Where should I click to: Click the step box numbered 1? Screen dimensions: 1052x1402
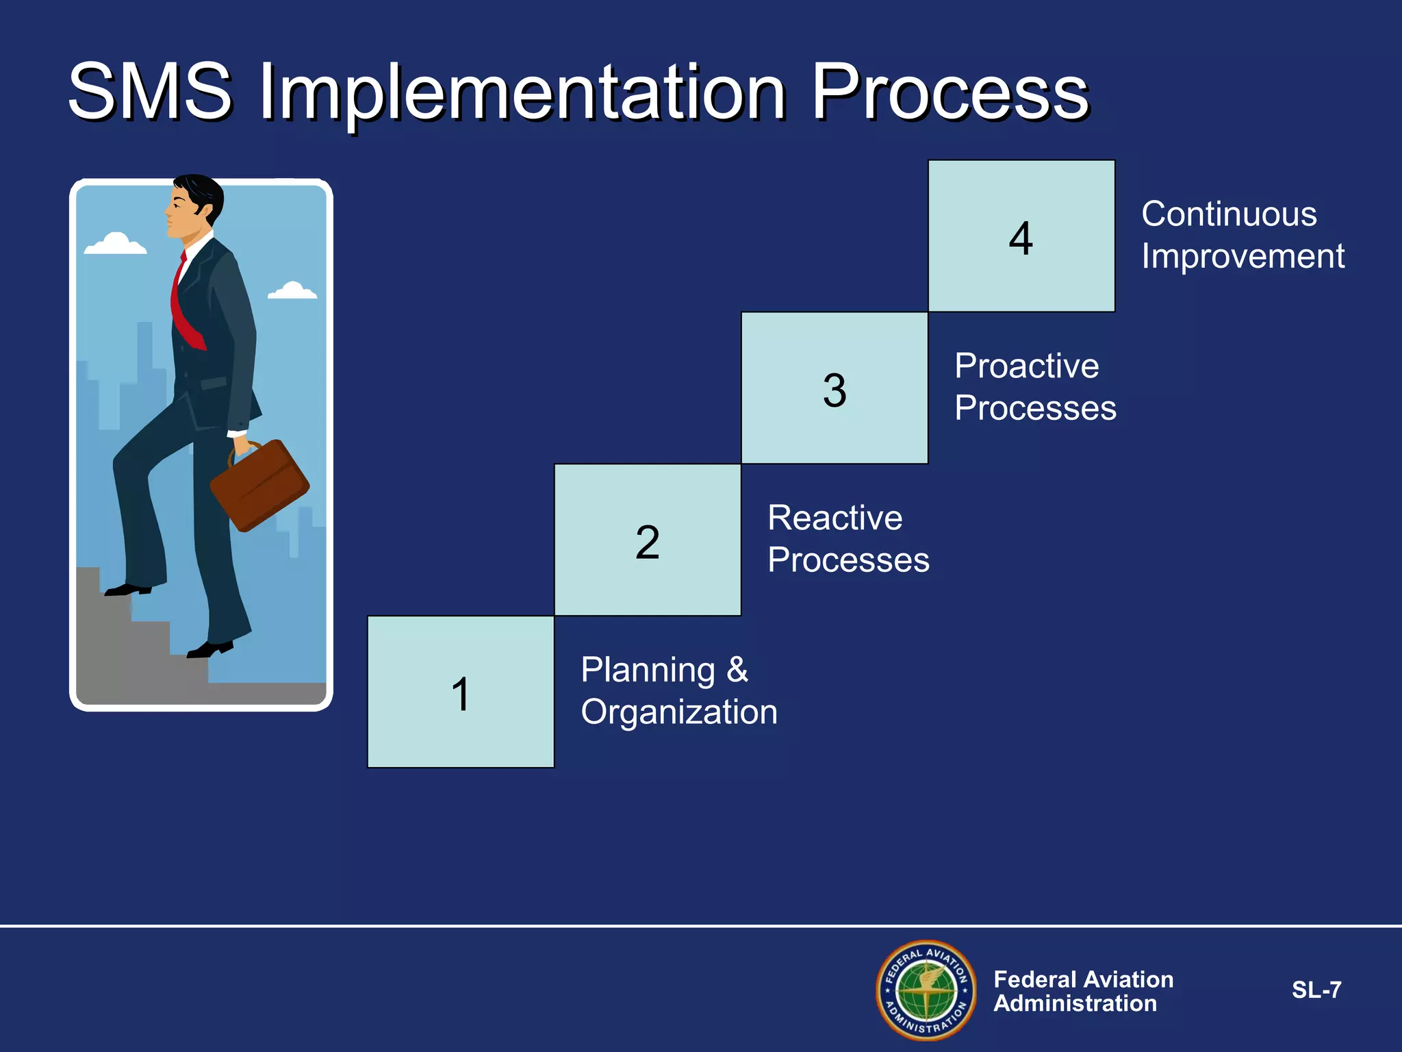coord(461,692)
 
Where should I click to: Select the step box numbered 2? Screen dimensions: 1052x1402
coord(648,540)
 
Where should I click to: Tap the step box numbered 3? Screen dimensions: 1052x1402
coord(834,388)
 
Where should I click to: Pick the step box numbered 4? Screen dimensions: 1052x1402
coord(1021,236)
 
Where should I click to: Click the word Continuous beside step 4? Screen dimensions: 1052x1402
coord(1229,214)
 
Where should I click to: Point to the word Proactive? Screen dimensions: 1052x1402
coord(1026,366)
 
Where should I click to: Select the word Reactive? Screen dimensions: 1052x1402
coord(834,518)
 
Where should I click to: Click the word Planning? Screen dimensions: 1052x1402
coord(648,670)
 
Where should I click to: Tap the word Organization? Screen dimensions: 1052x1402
coord(679,712)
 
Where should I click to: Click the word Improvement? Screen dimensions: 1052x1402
coord(1242,257)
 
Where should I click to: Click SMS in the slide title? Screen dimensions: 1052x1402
coord(151,91)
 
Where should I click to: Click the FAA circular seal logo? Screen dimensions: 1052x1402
coord(926,990)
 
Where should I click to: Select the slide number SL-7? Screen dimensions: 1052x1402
coord(1316,990)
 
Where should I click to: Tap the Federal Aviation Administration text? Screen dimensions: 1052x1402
coord(1083,991)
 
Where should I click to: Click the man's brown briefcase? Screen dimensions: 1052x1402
coord(259,485)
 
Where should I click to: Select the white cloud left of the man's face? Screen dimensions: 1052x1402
coord(115,245)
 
